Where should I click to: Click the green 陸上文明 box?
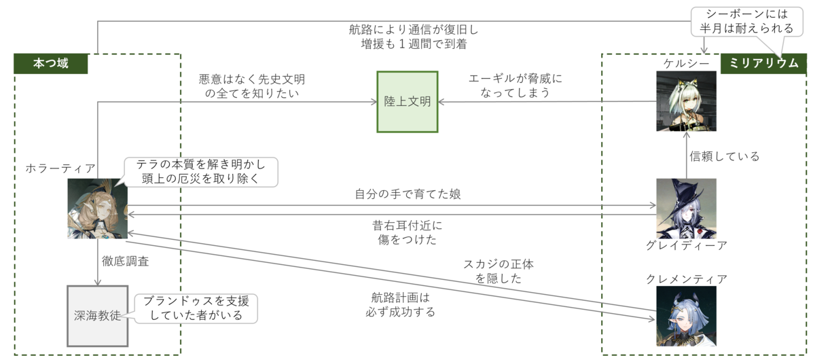point(407,102)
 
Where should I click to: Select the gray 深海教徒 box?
point(97,316)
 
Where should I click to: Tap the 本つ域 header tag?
point(51,64)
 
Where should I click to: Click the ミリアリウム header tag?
point(763,64)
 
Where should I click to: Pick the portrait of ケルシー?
point(686,101)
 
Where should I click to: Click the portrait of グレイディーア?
point(686,208)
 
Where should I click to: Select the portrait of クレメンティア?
point(686,316)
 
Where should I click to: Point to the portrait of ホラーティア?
point(97,209)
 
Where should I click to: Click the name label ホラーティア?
point(60,168)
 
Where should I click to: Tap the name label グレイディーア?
point(686,245)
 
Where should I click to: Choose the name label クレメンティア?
point(687,278)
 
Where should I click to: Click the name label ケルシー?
point(686,63)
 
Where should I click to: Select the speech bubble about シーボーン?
point(741,22)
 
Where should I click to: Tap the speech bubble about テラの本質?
point(201,172)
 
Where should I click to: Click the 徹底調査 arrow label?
point(126,261)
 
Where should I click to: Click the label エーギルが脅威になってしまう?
point(516,86)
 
